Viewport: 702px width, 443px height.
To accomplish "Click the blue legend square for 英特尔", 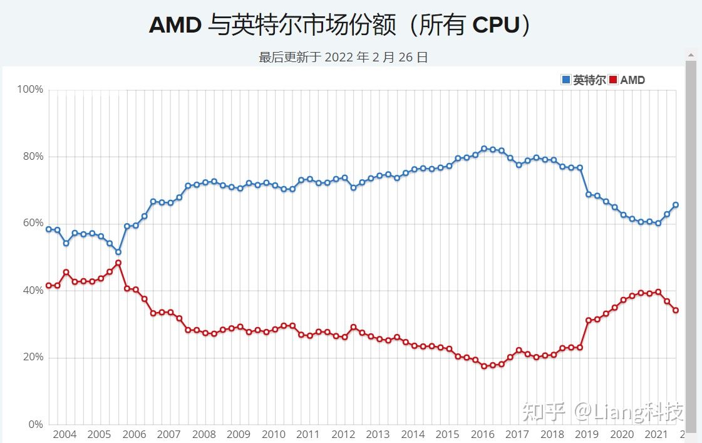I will [566, 80].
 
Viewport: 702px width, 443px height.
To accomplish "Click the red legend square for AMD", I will [613, 80].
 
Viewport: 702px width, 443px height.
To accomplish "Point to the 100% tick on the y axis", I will [29, 90].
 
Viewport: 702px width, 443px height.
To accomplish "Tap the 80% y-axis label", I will [32, 157].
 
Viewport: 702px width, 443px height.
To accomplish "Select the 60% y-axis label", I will [32, 224].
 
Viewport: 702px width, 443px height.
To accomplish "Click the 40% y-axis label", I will [32, 291].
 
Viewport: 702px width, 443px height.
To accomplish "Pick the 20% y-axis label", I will [32, 358].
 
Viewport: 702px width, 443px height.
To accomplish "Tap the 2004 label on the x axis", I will [65, 435].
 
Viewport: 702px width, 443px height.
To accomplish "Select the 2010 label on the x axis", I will [274, 435].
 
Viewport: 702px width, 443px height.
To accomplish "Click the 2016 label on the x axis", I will [482, 435].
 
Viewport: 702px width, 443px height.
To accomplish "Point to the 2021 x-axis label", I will [656, 435].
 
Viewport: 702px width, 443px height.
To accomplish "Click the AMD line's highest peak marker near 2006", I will [118, 263].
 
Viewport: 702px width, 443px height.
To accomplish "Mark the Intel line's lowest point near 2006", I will [118, 252].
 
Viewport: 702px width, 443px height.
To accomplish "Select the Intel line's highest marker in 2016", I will [483, 149].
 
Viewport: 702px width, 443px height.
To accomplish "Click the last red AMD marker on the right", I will [676, 310].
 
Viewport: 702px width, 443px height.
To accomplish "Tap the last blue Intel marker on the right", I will [676, 205].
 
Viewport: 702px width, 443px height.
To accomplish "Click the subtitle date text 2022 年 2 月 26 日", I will [376, 58].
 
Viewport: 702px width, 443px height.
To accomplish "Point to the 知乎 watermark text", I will [537, 412].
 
